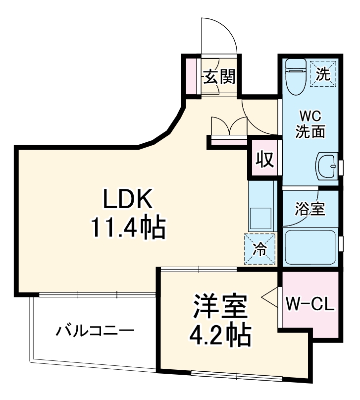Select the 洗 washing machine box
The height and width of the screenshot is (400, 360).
(322, 73)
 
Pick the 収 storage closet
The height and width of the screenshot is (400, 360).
(264, 160)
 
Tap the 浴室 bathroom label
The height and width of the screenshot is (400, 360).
(310, 209)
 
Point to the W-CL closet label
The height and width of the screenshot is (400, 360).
(310, 303)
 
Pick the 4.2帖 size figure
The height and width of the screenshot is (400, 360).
(220, 336)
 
